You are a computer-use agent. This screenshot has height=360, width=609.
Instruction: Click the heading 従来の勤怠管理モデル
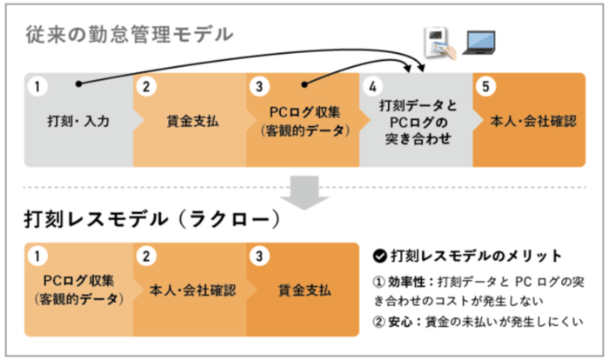[x=128, y=36]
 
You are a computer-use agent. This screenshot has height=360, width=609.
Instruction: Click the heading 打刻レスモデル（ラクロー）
[x=151, y=218]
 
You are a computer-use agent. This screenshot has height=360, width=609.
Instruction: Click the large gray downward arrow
[x=304, y=193]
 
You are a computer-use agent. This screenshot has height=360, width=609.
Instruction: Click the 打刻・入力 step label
[x=78, y=122]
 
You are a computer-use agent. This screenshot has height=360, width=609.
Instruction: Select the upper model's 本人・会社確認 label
[x=529, y=122]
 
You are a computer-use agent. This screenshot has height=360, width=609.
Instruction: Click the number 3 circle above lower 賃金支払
[x=259, y=256]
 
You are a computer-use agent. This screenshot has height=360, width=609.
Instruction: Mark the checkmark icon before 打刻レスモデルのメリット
[x=378, y=256]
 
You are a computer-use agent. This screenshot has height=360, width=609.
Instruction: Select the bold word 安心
[x=403, y=323]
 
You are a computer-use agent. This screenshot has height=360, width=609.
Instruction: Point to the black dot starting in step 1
[x=78, y=84]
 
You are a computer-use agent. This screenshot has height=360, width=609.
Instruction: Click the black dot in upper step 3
[x=304, y=84]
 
